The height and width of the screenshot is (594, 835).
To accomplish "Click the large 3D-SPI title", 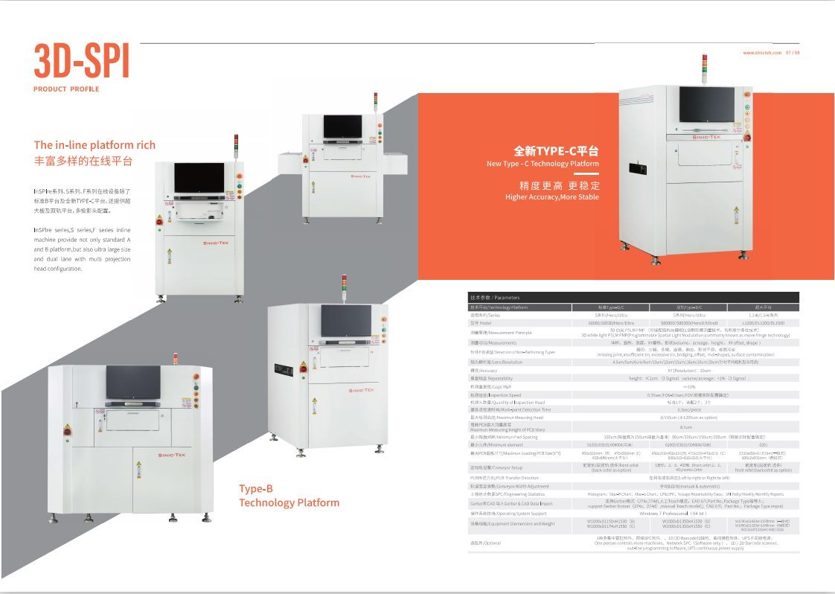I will (82, 62).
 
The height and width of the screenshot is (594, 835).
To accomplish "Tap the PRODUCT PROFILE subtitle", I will (66, 89).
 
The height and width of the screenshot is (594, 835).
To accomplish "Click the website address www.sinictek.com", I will (761, 53).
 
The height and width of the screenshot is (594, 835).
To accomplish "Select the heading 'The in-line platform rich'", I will (95, 145).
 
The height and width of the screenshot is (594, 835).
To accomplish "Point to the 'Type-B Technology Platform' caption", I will (289, 496).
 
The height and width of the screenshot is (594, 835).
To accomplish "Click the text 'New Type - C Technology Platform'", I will (543, 164).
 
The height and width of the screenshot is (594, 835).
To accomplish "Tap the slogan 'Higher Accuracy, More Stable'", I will (551, 197).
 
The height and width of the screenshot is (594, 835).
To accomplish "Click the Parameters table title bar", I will (633, 297).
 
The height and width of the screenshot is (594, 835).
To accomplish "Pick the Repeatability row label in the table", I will (497, 378).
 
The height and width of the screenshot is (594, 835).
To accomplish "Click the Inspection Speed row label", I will (496, 395).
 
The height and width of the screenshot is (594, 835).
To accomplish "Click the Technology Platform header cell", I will (499, 307).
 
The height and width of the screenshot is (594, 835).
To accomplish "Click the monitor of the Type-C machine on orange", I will (706, 104).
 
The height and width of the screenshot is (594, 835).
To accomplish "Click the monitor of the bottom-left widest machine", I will (132, 382).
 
